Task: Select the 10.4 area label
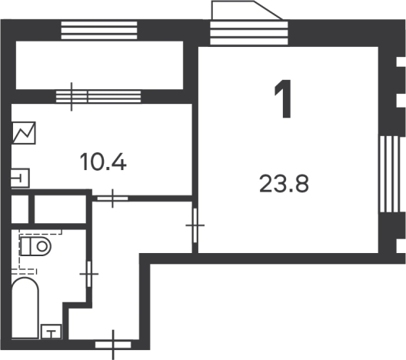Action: click(x=103, y=162)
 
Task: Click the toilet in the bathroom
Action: click(x=35, y=248)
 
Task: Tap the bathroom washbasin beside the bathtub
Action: click(x=51, y=331)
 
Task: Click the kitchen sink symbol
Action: click(x=21, y=178)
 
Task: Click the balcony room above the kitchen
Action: click(x=98, y=64)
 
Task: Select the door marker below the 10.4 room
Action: click(x=113, y=198)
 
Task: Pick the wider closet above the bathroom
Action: click(x=61, y=208)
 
